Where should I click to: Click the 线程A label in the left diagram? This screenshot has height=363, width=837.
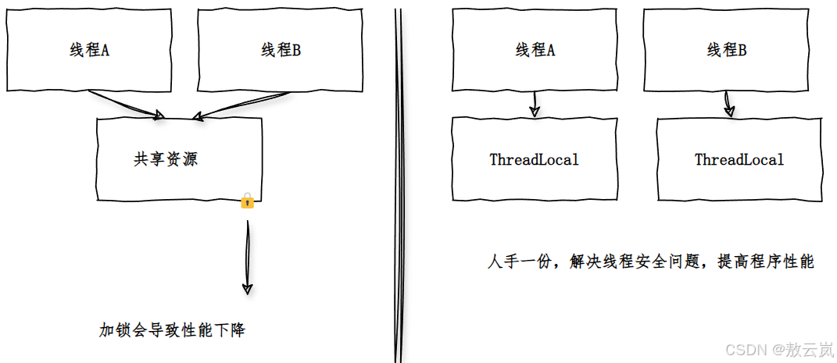click(x=89, y=52)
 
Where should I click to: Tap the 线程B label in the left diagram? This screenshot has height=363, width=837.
click(x=281, y=52)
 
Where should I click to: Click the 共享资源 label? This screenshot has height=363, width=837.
click(x=166, y=160)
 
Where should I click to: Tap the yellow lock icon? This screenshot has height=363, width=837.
click(x=247, y=201)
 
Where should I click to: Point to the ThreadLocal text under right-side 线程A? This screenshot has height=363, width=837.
click(x=535, y=160)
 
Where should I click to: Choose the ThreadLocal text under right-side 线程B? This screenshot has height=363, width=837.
click(x=739, y=160)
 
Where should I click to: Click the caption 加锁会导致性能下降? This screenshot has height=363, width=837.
click(x=172, y=330)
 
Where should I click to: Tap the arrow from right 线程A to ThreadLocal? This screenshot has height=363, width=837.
click(x=535, y=104)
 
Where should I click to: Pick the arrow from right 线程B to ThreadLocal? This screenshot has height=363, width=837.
click(x=728, y=104)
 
